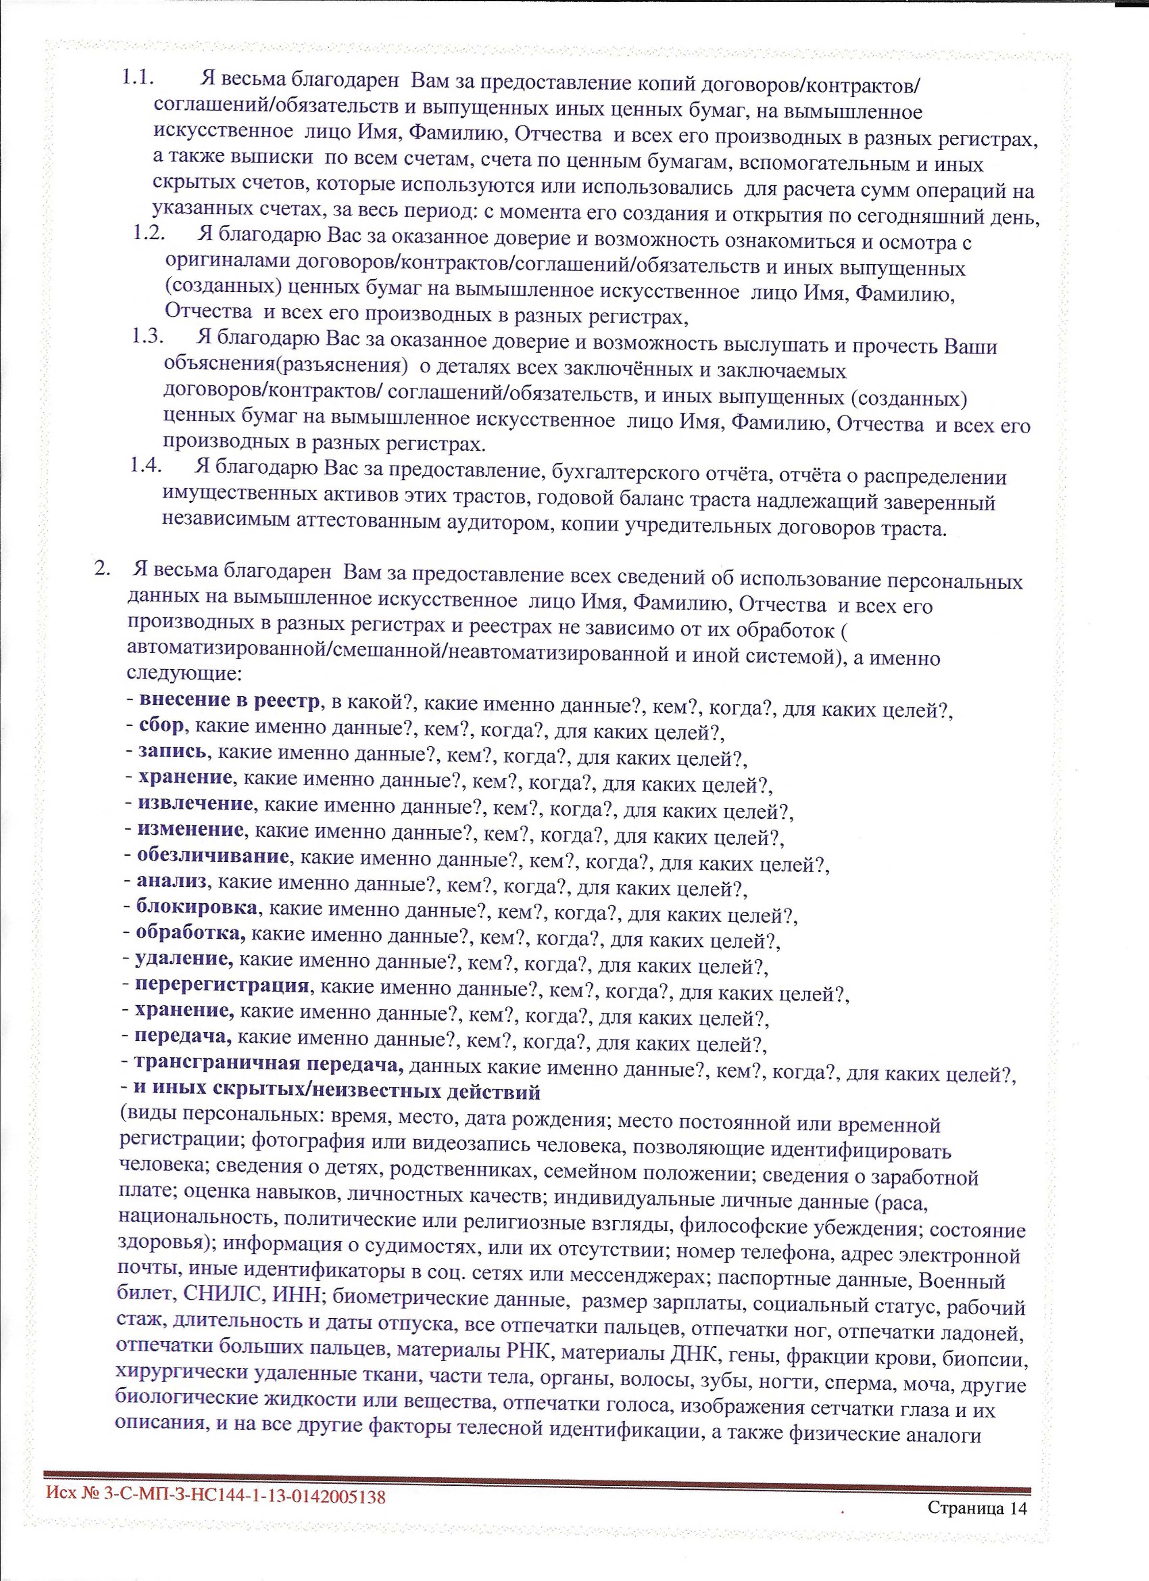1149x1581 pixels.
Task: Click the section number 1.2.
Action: [x=148, y=234]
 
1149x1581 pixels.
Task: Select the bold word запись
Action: [x=171, y=751]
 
